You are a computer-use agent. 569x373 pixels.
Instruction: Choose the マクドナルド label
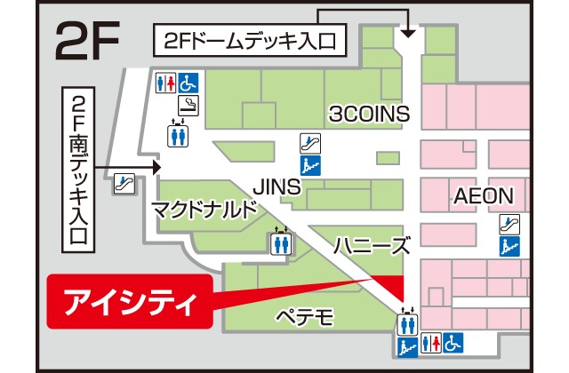pos(204,210)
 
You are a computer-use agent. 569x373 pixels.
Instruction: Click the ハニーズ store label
pos(372,245)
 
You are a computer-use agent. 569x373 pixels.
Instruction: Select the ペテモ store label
pos(304,315)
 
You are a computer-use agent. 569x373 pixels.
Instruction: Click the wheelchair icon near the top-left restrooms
pos(188,83)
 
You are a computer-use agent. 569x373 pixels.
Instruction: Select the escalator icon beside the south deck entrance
pos(124,184)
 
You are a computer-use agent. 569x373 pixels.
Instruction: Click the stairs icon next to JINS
pos(310,163)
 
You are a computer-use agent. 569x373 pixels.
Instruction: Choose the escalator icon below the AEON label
pos(509,223)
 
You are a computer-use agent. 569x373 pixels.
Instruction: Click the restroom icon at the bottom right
pos(430,342)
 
